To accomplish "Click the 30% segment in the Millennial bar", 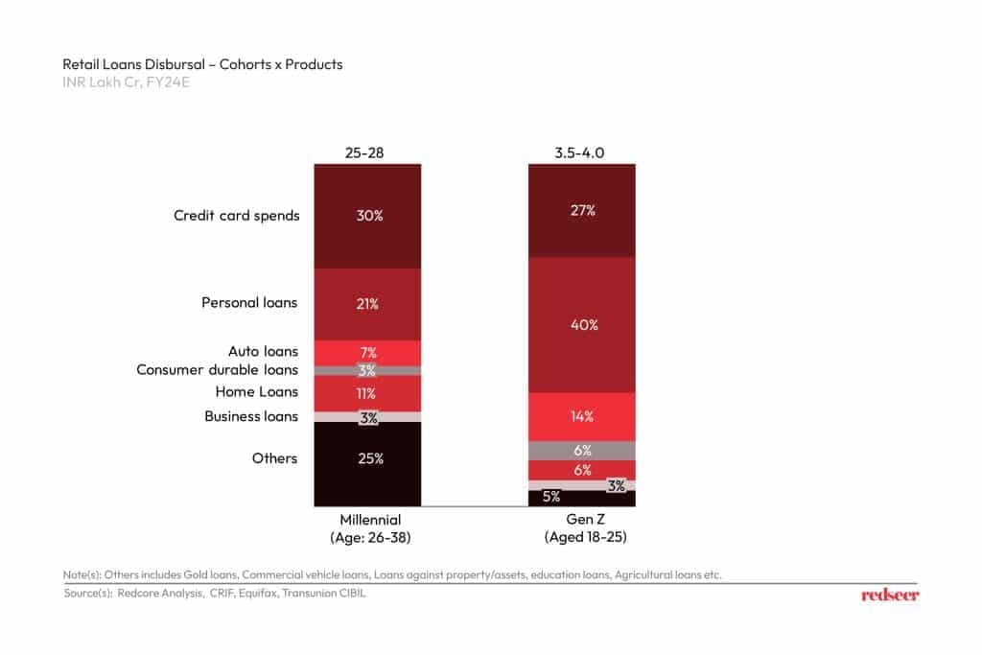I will (x=367, y=216).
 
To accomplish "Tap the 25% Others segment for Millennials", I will (x=367, y=459).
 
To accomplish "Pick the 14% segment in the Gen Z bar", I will (x=581, y=416).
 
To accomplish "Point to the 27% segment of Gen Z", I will (x=581, y=211).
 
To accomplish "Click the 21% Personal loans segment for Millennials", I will (x=367, y=304).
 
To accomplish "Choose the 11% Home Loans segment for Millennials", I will (x=367, y=393).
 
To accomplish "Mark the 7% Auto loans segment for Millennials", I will (x=367, y=352).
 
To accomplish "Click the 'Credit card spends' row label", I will (x=236, y=216).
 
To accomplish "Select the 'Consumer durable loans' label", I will (x=218, y=370).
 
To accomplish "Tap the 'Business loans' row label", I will (x=251, y=416).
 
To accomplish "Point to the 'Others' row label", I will (x=275, y=458).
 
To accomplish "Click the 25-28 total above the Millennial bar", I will (x=367, y=152).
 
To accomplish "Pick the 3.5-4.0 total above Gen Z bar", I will (x=581, y=152).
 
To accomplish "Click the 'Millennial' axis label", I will (x=368, y=520).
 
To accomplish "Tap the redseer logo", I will (x=890, y=595).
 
